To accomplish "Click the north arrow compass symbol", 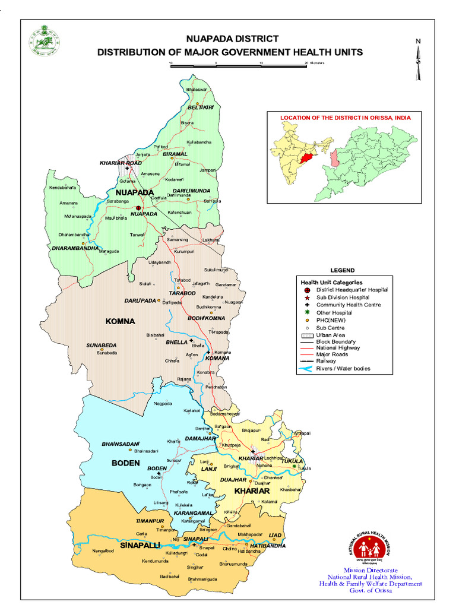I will [x=418, y=59].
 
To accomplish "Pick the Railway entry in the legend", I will [x=326, y=361].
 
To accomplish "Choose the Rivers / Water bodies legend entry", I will [x=335, y=369].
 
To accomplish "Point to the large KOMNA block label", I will [x=121, y=321].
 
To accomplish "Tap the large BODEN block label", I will [x=125, y=463].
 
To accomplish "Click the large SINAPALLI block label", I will [x=141, y=544].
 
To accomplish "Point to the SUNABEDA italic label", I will [x=102, y=345].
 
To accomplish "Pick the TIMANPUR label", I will [x=150, y=521].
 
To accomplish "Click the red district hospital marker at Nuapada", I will [x=138, y=208].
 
